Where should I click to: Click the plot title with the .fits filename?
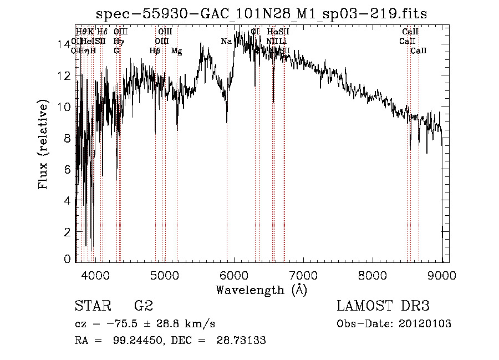tap(261, 14)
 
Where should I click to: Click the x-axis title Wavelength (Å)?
tap(261, 290)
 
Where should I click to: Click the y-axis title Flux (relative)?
tap(43, 144)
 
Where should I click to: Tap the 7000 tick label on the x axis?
tap(303, 275)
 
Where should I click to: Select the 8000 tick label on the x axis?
tap(373, 275)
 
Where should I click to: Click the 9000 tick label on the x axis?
tap(442, 275)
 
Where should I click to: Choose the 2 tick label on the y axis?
tap(67, 231)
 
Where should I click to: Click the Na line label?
tap(226, 41)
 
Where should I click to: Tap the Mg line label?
tap(176, 51)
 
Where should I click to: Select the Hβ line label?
tap(155, 51)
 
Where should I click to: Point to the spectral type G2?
tap(143, 306)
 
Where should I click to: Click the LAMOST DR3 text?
tap(383, 306)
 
